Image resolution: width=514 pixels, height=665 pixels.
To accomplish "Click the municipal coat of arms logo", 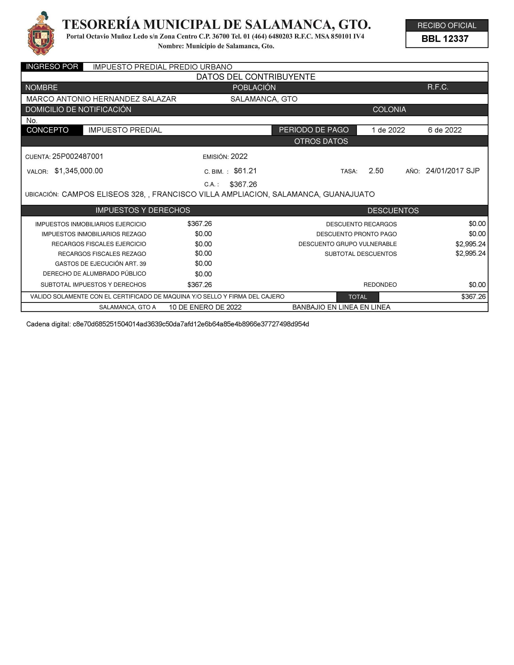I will point(41,34).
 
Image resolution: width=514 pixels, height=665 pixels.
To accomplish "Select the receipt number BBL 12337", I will point(445,39).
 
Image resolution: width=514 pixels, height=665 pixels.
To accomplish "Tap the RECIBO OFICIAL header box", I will point(447,25).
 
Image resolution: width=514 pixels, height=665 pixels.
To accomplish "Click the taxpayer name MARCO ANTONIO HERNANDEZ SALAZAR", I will point(101,99).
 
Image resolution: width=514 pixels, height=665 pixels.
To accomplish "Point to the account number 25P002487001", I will point(78,156).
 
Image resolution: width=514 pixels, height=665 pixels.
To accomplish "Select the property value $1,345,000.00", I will point(79,171).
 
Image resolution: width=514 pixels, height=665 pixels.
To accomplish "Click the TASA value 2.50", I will point(376,171).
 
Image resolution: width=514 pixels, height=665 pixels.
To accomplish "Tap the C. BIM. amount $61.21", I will point(245,171).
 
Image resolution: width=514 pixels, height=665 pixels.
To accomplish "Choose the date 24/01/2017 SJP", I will point(453,171).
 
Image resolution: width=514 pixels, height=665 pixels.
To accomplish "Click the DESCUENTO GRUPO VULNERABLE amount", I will point(470,244).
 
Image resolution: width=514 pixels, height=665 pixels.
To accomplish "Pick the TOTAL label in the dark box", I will point(357,297).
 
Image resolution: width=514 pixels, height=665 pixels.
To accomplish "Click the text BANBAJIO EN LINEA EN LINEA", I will point(341,307).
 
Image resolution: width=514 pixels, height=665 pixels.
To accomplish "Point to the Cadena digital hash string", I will point(191,324).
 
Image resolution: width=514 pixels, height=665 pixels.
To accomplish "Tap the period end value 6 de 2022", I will point(445,130).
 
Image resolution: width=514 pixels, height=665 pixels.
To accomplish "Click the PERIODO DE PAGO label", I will point(314,130).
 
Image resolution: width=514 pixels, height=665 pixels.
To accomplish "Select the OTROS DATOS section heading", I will point(321,141).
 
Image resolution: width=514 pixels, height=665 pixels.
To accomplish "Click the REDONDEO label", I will point(380,285).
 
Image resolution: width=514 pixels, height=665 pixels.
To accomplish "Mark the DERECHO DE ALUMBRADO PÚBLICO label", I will point(94,274).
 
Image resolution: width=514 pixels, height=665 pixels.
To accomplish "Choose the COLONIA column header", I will point(389,110).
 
